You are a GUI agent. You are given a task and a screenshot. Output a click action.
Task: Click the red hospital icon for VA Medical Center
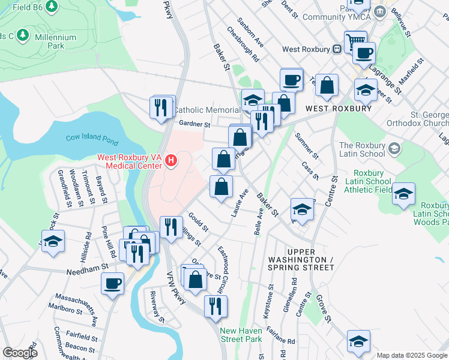pyautogui.click(x=171, y=160)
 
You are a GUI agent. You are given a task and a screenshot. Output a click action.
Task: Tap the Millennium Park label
pyautogui.click(x=55, y=41)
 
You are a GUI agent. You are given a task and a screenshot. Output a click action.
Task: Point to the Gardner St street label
pyautogui.click(x=194, y=125)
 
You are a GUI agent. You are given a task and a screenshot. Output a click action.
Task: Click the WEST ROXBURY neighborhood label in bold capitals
pyautogui.click(x=338, y=109)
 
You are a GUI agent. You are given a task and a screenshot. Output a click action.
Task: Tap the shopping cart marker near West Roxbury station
pyautogui.click(x=351, y=41)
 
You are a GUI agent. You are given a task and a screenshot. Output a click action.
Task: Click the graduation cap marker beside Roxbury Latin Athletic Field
pyautogui.click(x=404, y=193)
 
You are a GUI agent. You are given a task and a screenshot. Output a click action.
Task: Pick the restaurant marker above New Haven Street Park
pyautogui.click(x=215, y=305)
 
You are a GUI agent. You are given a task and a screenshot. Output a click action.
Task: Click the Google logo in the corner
pyautogui.click(x=19, y=353)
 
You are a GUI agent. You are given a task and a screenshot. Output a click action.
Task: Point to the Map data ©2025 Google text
pyautogui.click(x=412, y=355)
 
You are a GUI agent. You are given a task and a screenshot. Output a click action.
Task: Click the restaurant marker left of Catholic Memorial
pyautogui.click(x=160, y=107)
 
